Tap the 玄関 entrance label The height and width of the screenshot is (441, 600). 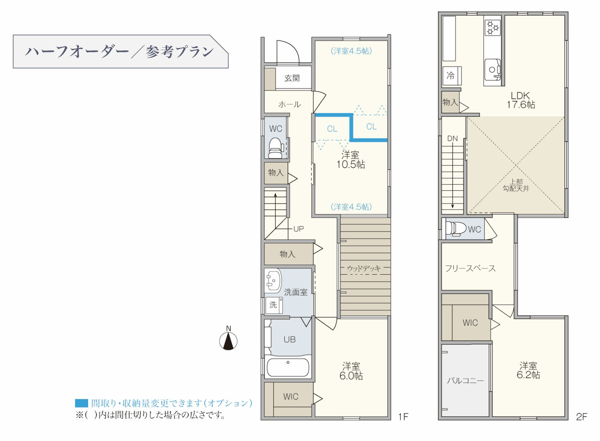coord(292,78)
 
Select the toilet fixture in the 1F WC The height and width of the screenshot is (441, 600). coord(276,148)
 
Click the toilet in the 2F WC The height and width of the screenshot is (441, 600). coord(456,229)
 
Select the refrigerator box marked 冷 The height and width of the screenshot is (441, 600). coord(452,76)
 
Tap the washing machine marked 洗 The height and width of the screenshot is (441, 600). coord(274,305)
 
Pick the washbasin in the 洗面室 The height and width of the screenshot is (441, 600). coord(273,280)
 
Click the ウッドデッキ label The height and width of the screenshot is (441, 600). coord(364,268)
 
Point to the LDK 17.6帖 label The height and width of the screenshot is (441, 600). coord(521,100)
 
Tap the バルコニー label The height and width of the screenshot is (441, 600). coord(466,381)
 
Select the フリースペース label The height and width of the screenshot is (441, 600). coord(470,268)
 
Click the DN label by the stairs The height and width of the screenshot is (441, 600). coord(452,139)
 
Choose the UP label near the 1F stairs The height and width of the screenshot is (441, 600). coord(299,229)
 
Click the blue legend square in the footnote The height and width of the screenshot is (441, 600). coord(81,403)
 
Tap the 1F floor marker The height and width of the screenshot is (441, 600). coord(403,417)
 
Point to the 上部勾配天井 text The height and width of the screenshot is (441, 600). coord(516,185)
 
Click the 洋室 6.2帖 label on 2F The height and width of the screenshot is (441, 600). coord(528,370)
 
